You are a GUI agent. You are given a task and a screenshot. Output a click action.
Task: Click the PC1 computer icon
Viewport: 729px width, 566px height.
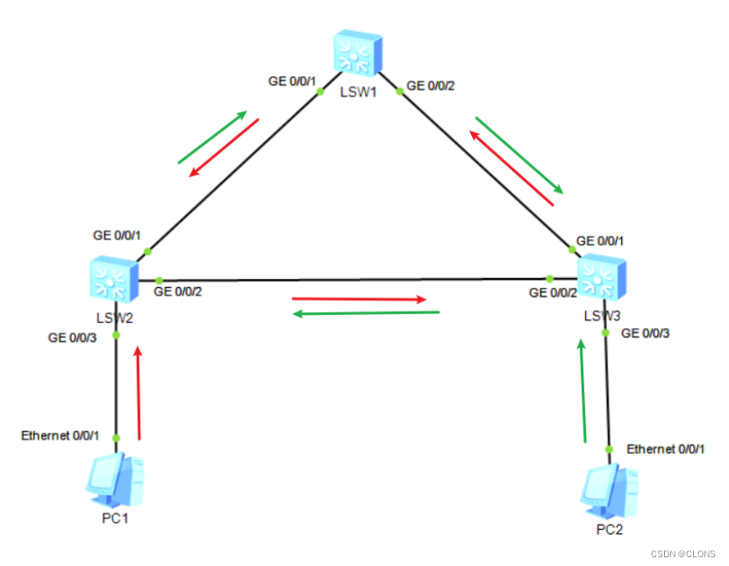[114, 481]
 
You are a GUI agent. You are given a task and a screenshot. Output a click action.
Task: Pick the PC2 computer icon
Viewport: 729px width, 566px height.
[609, 492]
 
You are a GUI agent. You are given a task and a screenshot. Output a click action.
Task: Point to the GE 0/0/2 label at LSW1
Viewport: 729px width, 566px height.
[431, 86]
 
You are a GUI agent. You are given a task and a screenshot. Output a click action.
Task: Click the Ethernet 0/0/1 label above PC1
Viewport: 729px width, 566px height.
[61, 435]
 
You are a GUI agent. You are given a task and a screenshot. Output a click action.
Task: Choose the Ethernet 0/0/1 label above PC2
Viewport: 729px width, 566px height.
[665, 448]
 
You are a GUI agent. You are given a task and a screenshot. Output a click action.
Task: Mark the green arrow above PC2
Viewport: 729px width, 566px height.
[582, 391]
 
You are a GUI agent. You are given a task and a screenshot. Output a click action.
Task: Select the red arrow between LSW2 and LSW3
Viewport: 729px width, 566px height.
[360, 299]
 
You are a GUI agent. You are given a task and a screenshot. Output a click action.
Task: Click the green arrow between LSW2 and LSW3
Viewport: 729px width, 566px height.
[366, 312]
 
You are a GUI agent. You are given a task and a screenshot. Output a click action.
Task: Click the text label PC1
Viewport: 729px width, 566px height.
[115, 519]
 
